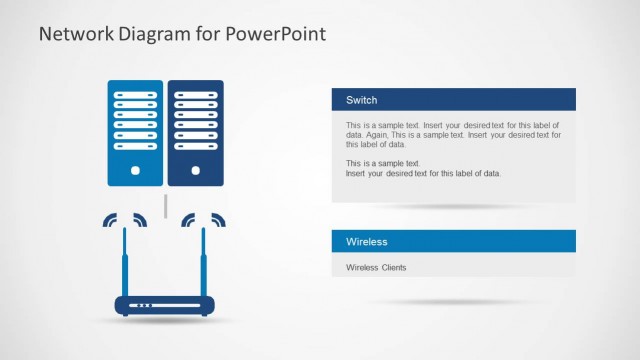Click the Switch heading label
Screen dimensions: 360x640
click(361, 100)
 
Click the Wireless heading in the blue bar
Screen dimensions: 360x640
click(366, 242)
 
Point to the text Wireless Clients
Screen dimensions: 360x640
click(376, 267)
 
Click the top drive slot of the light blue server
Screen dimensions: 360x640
click(135, 93)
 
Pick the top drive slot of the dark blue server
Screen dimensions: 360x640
click(195, 93)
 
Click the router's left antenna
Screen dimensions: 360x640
click(125, 260)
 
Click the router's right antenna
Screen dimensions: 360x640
click(204, 260)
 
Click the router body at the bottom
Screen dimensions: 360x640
click(165, 305)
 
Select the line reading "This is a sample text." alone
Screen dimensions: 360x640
click(383, 163)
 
